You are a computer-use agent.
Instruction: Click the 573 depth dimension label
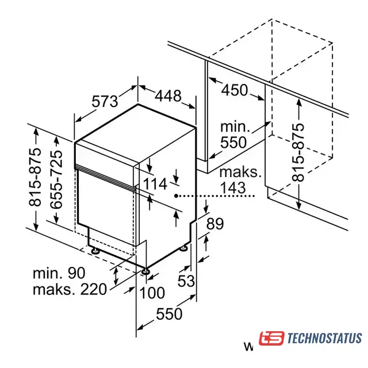pyautogui.click(x=105, y=101)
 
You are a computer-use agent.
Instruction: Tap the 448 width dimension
pyautogui.click(x=168, y=95)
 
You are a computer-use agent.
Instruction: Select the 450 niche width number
pyautogui.click(x=235, y=90)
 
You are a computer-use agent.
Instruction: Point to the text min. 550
pyautogui.click(x=235, y=135)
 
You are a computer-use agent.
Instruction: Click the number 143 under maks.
pyautogui.click(x=233, y=187)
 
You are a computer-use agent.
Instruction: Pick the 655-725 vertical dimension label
pyautogui.click(x=56, y=179)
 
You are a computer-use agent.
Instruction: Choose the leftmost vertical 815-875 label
pyautogui.click(x=35, y=177)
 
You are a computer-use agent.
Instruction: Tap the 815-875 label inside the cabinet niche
pyautogui.click(x=298, y=152)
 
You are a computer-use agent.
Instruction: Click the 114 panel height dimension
pyautogui.click(x=155, y=183)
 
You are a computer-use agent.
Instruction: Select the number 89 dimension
pyautogui.click(x=214, y=224)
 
